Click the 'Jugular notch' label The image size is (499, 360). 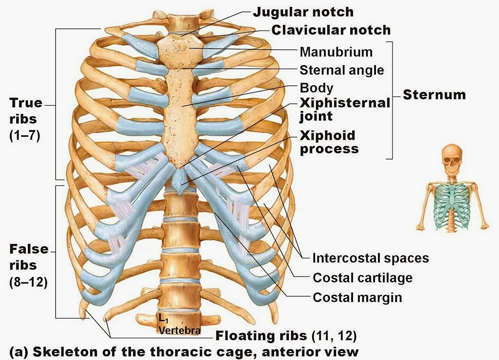pyautogui.click(x=303, y=12)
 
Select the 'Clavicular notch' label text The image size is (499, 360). pyautogui.click(x=331, y=30)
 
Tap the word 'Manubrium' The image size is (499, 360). pyautogui.click(x=336, y=52)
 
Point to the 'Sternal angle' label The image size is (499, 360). pyautogui.click(x=342, y=70)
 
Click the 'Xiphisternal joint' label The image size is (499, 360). pyautogui.click(x=344, y=109)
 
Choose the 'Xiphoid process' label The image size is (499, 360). pyautogui.click(x=329, y=142)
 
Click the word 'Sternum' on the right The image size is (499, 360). pyautogui.click(x=434, y=95)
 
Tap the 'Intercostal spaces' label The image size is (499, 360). pyautogui.click(x=371, y=258)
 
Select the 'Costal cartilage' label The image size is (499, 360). pyautogui.click(x=363, y=277)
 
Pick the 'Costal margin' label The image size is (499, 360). pyautogui.click(x=357, y=297)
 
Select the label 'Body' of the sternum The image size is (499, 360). pyautogui.click(x=316, y=88)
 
